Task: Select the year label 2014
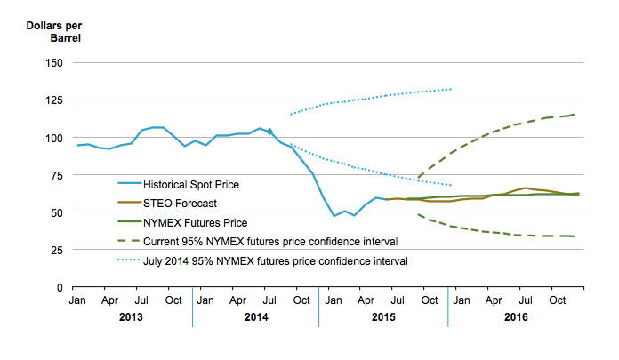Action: point(255,317)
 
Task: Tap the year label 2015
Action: point(382,317)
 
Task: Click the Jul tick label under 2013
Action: point(141,301)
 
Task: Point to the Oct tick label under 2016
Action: point(557,301)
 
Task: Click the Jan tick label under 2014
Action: point(204,301)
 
